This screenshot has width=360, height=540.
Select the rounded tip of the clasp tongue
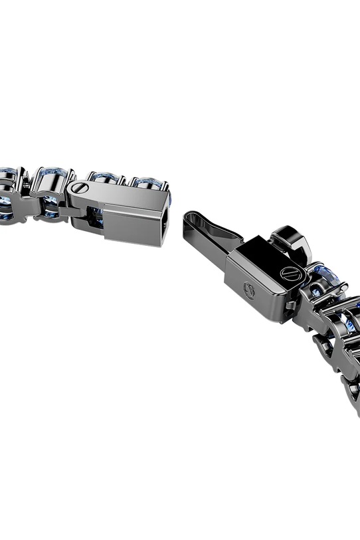[189, 217]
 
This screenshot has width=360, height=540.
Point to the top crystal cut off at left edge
[8, 174]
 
